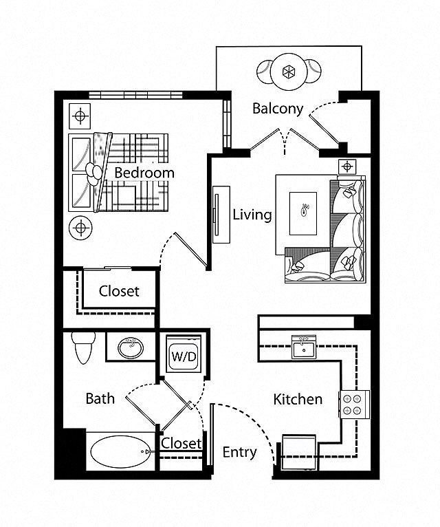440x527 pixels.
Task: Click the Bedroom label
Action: point(144,173)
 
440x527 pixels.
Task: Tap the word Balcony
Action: point(278,109)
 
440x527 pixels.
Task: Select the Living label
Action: point(252,215)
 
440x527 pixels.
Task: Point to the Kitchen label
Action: point(298,399)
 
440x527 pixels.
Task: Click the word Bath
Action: point(100,398)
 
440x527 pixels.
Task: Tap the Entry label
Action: point(240,453)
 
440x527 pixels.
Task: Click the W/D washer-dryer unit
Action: point(184,354)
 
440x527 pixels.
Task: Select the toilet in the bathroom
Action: point(83,347)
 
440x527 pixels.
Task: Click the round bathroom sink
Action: point(131,348)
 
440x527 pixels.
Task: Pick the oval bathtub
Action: point(120,452)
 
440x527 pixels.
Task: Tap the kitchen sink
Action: point(304,347)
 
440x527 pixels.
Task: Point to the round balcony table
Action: point(289,72)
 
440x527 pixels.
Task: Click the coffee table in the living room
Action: point(303,213)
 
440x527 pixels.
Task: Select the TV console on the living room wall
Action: point(221,215)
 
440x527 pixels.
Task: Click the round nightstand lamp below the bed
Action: point(80,228)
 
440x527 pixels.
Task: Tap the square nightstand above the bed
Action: point(80,116)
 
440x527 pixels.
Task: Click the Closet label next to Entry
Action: point(181,443)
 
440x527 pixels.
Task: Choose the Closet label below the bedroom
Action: point(119,291)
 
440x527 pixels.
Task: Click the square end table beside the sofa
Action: point(347,166)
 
